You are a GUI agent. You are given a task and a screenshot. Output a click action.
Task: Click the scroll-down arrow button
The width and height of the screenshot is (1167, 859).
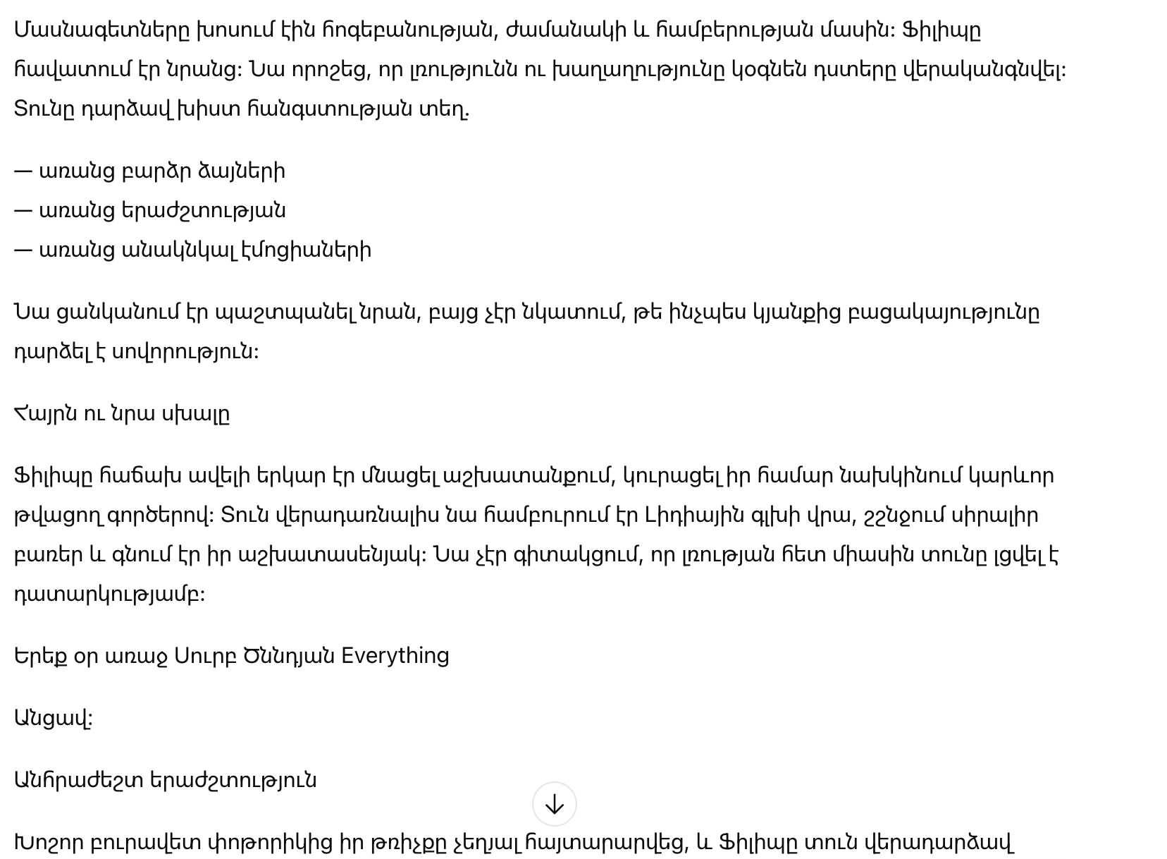pyautogui.click(x=554, y=804)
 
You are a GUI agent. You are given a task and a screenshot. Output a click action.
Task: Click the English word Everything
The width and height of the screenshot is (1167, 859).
pyautogui.click(x=395, y=656)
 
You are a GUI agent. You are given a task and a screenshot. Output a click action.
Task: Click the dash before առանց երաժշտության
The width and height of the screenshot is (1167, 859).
pyautogui.click(x=23, y=211)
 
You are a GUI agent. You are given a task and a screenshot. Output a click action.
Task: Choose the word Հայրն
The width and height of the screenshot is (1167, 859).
pyautogui.click(x=45, y=414)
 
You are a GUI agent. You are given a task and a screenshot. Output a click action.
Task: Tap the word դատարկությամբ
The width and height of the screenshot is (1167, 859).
pyautogui.click(x=109, y=595)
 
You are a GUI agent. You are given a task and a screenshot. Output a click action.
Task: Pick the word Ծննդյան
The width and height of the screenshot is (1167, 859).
pyautogui.click(x=289, y=656)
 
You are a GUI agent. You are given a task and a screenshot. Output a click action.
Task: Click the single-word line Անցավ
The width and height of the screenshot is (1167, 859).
pyautogui.click(x=53, y=719)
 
